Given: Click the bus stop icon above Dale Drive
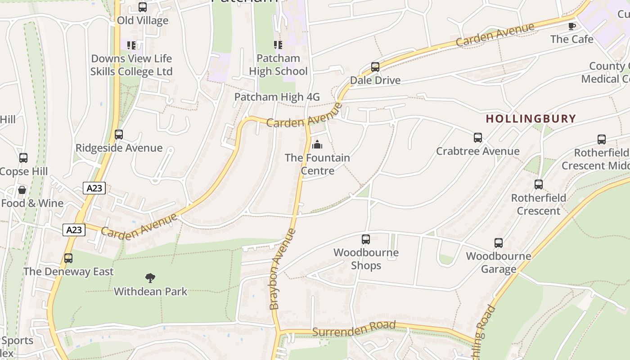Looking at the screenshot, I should (375, 67).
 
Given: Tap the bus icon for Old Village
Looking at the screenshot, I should (143, 7).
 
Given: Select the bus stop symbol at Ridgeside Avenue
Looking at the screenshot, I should (119, 135).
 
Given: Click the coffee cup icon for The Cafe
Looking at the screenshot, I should (572, 26).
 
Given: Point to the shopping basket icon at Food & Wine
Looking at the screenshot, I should (22, 190).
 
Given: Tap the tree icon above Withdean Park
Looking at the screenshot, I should (150, 278).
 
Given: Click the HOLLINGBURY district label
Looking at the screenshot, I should (531, 119).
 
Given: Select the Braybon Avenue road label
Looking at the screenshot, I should (282, 269).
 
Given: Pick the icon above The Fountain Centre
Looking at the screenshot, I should (317, 144).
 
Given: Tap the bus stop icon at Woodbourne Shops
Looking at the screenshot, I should (366, 239).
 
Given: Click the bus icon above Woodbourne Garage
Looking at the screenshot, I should (499, 243).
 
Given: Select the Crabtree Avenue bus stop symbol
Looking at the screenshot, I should (478, 138).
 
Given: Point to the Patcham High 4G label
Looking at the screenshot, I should (277, 97).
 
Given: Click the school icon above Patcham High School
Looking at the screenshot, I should (278, 45).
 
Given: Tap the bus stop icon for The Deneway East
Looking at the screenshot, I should (68, 258).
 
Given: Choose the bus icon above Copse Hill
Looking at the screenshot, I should (23, 158).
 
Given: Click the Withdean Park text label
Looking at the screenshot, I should (150, 291).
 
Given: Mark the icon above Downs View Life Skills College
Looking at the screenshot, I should (131, 45).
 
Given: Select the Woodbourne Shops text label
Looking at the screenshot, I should (366, 259).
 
